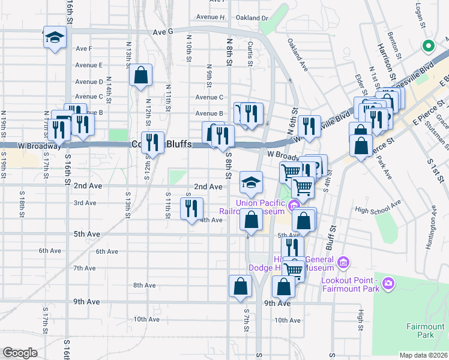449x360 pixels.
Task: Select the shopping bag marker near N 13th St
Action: [140, 76]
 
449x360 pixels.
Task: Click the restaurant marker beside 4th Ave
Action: [191, 209]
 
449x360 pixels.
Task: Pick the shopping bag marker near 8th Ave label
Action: [240, 286]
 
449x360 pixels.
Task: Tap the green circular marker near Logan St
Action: [428, 46]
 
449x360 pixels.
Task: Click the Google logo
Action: [20, 353]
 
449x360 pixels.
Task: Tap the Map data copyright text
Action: [423, 355]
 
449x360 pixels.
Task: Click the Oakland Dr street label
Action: [252, 18]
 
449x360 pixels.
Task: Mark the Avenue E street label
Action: [89, 65]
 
